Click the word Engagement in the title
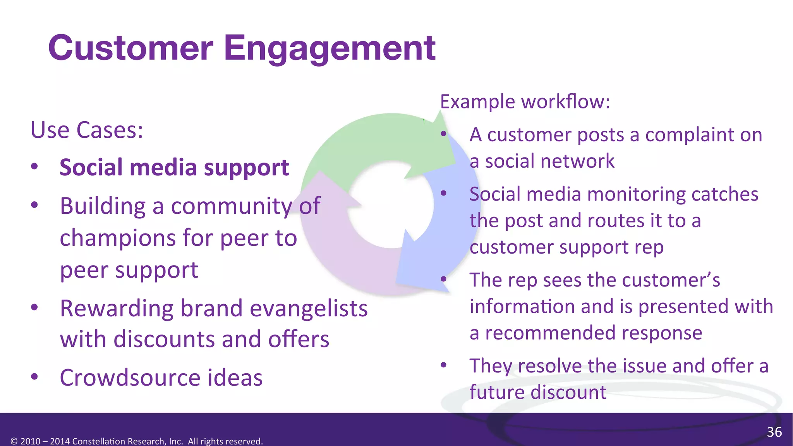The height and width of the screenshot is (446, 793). (x=330, y=48)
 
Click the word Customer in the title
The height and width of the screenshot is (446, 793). (x=130, y=48)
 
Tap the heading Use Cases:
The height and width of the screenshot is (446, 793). (x=87, y=130)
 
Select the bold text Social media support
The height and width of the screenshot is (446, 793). (x=174, y=168)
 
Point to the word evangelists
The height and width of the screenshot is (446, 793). (x=309, y=309)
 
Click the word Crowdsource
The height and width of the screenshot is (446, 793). (x=129, y=377)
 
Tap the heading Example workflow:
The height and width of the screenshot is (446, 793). (x=525, y=102)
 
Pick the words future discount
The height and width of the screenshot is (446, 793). (x=538, y=392)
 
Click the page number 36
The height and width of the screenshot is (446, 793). (x=774, y=432)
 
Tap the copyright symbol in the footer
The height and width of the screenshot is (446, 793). (x=14, y=441)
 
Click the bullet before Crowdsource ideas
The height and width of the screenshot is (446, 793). (x=34, y=376)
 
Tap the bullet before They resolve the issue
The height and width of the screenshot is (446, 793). (x=444, y=365)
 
